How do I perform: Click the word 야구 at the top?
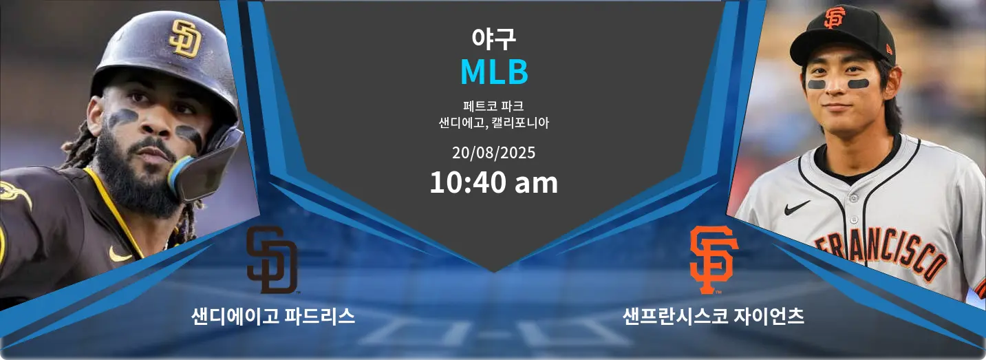[x=493, y=38]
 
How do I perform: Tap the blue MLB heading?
[x=494, y=72]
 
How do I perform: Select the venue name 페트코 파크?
[x=493, y=106]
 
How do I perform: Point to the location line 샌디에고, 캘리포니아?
[x=493, y=123]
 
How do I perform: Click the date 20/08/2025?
[x=493, y=153]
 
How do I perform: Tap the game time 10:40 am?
[x=493, y=182]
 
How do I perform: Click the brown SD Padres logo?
[x=272, y=260]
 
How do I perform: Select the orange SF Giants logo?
[x=714, y=260]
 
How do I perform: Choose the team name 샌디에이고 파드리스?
[x=273, y=316]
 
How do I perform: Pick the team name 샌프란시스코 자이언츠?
[x=713, y=316]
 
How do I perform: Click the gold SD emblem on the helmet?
[x=186, y=39]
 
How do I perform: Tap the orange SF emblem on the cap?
[x=835, y=18]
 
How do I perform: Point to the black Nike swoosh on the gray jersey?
[x=797, y=207]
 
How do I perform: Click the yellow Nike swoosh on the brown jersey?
[x=120, y=255]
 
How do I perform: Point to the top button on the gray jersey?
[x=853, y=198]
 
